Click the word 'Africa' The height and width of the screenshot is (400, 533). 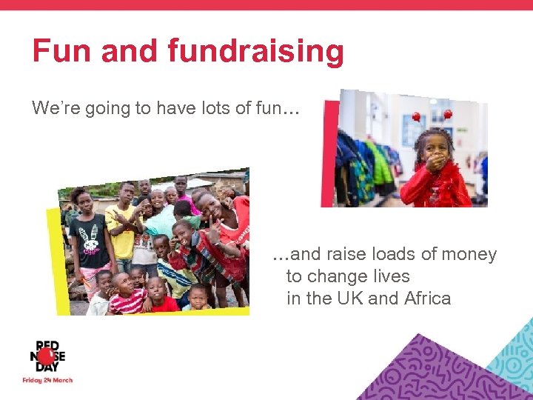coord(428,299)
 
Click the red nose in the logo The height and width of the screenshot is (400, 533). coord(45,356)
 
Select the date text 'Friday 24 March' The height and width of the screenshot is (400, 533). coord(47,381)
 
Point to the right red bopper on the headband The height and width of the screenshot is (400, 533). coord(448,114)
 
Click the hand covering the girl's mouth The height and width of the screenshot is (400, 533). coord(436,162)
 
